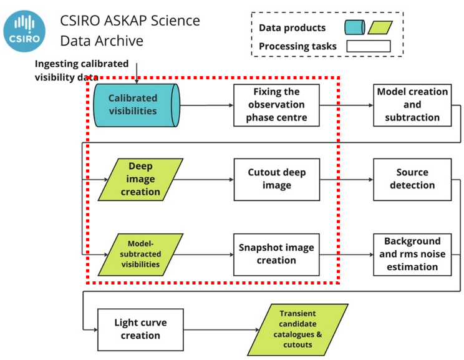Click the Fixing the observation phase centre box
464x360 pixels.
[276, 104]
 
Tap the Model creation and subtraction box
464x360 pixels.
[412, 104]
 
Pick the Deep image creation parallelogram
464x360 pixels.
[141, 179]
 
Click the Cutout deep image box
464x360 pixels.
[276, 179]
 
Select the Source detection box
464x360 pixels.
[412, 179]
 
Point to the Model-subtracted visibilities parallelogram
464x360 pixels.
[140, 254]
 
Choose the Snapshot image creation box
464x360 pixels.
[276, 254]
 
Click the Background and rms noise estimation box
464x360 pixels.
[412, 254]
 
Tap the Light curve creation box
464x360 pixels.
[140, 329]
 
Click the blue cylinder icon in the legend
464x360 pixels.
[354, 27]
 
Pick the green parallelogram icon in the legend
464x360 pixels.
[380, 27]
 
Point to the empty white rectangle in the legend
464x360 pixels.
[368, 46]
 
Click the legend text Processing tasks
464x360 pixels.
[297, 46]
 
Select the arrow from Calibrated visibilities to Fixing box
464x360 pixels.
[206, 105]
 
